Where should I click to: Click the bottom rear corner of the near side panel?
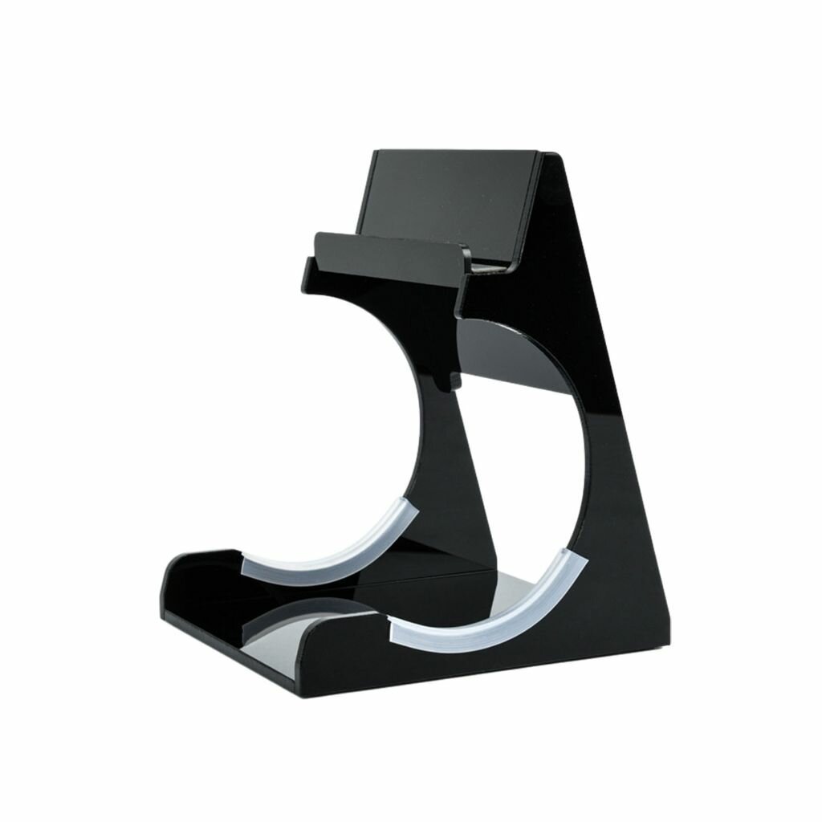click(663, 642)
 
